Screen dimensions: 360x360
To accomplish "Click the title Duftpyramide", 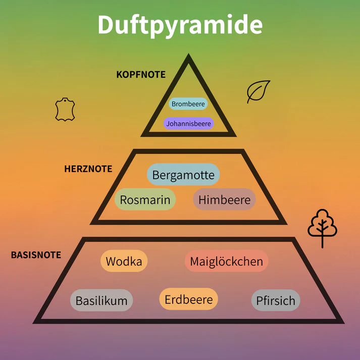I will point(180,25).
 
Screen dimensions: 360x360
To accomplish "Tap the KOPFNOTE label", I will point(141,74).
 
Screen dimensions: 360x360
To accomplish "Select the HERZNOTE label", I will point(88,169).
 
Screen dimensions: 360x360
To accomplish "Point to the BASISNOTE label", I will point(36,255).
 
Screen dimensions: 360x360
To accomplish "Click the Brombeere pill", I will point(188,104).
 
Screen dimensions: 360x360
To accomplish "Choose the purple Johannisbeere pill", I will point(188,123).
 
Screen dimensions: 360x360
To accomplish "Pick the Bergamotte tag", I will point(183,175).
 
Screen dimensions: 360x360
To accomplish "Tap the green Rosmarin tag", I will point(145,200).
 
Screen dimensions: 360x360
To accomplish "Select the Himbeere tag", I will point(224,200).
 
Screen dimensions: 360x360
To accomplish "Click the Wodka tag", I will point(124,262).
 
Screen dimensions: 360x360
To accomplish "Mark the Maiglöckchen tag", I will point(226,262).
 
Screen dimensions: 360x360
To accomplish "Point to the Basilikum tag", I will point(101,301).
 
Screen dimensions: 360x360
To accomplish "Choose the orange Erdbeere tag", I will point(188,299).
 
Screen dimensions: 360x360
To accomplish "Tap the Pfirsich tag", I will point(275,301).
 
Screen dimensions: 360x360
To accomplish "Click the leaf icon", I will point(259,91).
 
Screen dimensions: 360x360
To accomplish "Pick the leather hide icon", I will point(65,110).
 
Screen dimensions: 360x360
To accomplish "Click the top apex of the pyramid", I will point(188,57).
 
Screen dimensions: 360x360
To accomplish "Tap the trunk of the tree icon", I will point(322,241).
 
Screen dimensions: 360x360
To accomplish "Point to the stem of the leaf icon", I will point(249,100).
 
